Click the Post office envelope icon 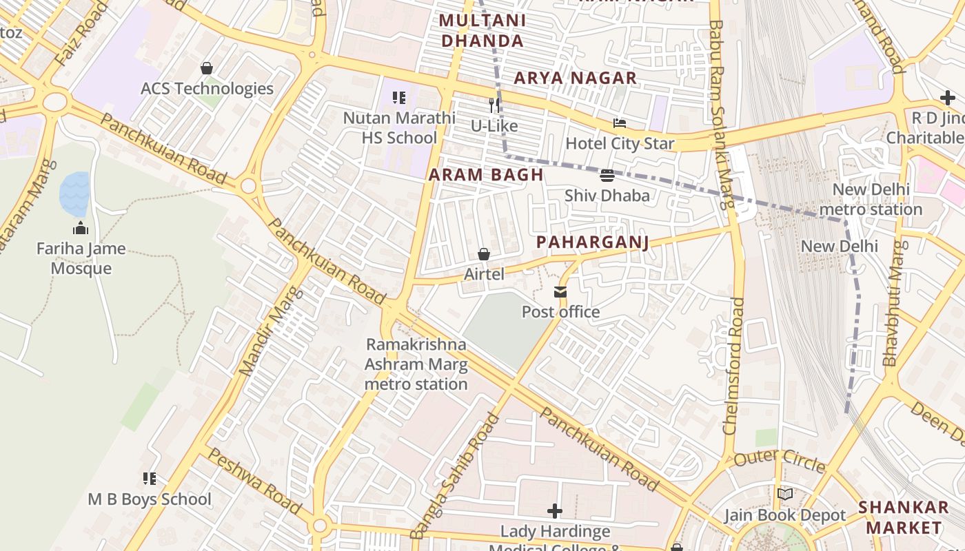coord(560,292)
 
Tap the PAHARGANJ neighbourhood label coord(593,242)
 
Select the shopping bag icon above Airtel coord(484,254)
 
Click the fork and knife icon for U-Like coord(494,105)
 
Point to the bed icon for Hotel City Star coord(620,123)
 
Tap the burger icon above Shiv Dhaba coord(607,176)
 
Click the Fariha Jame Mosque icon coord(81,229)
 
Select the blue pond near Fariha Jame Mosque coord(74,194)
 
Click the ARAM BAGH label coord(486,175)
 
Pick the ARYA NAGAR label coord(576,79)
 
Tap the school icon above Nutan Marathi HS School coord(399,98)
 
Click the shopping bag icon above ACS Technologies coord(206,68)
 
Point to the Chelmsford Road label coord(734,365)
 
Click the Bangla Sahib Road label coord(454,475)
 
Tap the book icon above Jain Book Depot coord(784,494)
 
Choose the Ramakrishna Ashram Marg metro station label coord(416,364)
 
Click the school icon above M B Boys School coord(150,478)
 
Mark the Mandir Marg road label coord(270,331)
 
